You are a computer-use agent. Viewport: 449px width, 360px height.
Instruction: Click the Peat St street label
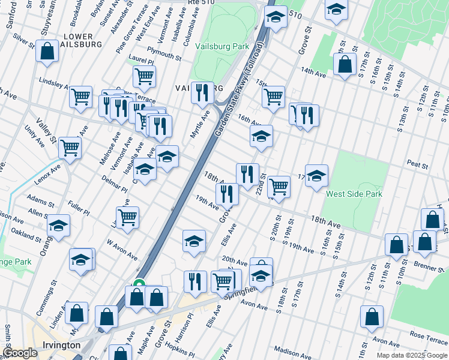point(417,164)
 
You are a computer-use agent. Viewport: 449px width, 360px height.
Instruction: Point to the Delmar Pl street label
point(114,184)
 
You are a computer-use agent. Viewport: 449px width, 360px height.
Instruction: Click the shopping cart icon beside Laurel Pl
point(145,76)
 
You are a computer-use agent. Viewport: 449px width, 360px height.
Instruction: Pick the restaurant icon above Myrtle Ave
point(202,92)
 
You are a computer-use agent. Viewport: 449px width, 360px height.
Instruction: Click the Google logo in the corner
point(20,353)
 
